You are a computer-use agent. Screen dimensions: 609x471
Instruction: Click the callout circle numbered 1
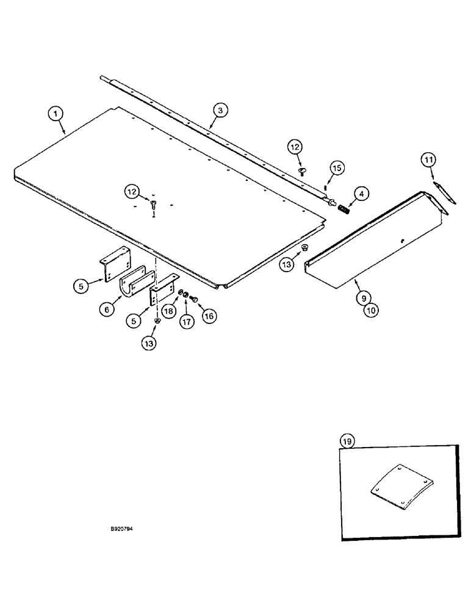(x=56, y=113)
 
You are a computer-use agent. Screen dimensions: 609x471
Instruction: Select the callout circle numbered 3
(x=220, y=110)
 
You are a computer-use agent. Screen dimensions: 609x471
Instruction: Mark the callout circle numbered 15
(x=337, y=167)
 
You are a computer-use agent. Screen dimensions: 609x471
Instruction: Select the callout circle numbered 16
(x=210, y=315)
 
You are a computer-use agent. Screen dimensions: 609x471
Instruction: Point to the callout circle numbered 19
(x=348, y=440)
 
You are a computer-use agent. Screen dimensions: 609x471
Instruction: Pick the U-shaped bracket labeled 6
(x=132, y=286)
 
